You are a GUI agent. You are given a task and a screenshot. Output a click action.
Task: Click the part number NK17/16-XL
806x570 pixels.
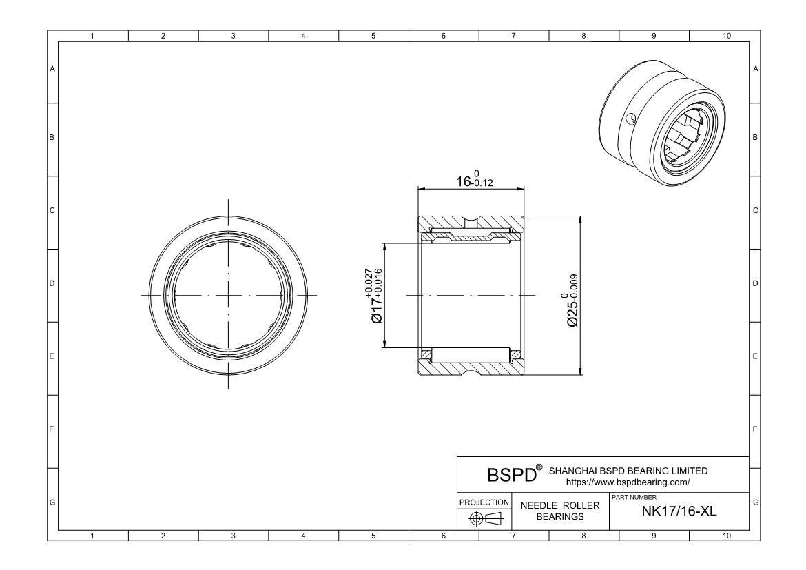pyautogui.click(x=679, y=511)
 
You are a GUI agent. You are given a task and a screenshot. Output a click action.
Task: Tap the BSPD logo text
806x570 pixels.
pyautogui.click(x=511, y=476)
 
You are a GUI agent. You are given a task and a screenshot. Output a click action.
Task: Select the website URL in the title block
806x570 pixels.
pyautogui.click(x=628, y=482)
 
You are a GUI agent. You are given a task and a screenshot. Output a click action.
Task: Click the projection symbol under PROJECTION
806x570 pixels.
pyautogui.click(x=486, y=518)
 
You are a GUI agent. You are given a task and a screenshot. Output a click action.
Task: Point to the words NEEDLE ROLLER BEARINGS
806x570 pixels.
pyautogui.click(x=560, y=511)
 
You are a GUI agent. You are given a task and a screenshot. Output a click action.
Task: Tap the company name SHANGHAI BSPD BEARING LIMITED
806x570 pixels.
pyautogui.click(x=628, y=471)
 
